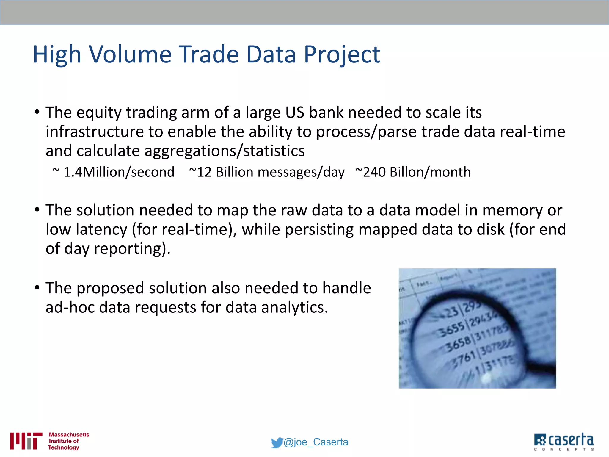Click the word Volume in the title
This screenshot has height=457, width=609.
pyautogui.click(x=131, y=54)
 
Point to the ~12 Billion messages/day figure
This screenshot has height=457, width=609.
pyautogui.click(x=267, y=172)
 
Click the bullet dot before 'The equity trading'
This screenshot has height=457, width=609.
pyautogui.click(x=37, y=112)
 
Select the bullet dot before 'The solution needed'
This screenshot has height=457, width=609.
pyautogui.click(x=37, y=210)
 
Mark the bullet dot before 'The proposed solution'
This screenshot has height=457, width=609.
pyautogui.click(x=37, y=288)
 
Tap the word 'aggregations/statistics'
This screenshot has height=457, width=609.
pyautogui.click(x=225, y=151)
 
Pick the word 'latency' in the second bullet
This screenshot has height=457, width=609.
pyautogui.click(x=101, y=230)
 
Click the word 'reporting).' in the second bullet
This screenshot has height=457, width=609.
pyautogui.click(x=132, y=249)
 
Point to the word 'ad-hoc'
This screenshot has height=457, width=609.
pyautogui.click(x=70, y=307)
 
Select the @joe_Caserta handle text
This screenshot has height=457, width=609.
pyautogui.click(x=316, y=442)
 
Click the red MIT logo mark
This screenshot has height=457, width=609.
pyautogui.click(x=26, y=441)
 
